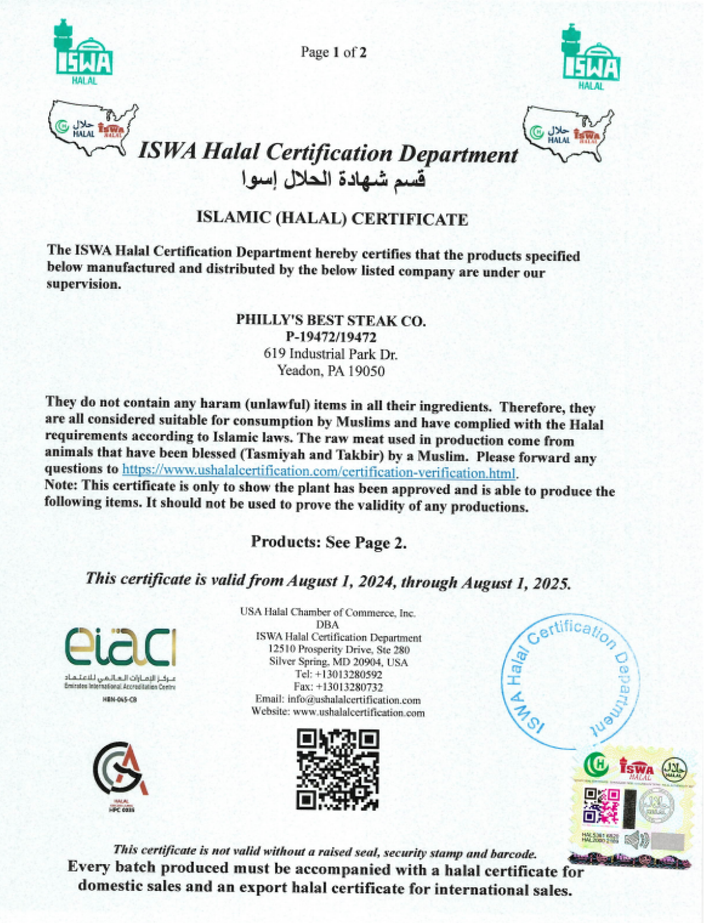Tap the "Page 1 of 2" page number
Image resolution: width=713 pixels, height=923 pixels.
(333, 52)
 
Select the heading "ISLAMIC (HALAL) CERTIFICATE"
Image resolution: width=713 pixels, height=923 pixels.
(332, 219)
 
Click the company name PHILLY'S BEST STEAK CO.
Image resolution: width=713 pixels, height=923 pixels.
(331, 320)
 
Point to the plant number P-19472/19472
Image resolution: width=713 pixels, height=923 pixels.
(331, 337)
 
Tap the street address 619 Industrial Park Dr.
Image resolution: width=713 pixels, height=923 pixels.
(331, 354)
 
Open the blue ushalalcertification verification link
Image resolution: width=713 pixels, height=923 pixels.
(318, 472)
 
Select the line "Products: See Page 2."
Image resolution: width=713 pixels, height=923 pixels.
(329, 542)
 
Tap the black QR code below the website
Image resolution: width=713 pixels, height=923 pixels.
(337, 770)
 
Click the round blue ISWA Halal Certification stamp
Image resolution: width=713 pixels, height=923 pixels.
(570, 681)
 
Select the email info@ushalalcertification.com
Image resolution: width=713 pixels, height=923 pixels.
(354, 700)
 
